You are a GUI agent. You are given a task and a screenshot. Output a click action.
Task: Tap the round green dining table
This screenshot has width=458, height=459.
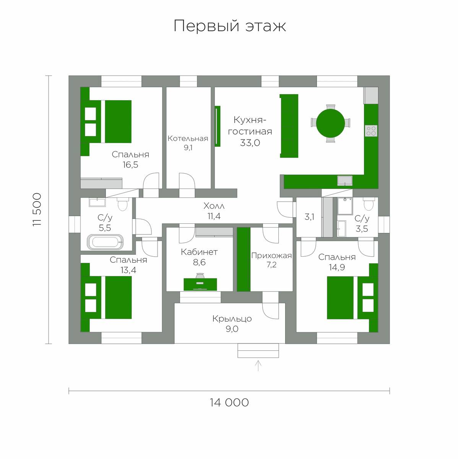[x=330, y=123]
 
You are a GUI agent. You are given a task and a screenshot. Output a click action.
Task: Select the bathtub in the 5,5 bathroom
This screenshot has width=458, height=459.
[x=105, y=242]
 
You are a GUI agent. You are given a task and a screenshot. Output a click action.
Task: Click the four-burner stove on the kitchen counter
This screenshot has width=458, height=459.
[x=371, y=131]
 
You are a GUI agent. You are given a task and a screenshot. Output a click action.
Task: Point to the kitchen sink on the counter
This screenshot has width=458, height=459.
[x=344, y=181]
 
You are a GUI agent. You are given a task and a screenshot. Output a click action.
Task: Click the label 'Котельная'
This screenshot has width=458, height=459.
[x=188, y=138]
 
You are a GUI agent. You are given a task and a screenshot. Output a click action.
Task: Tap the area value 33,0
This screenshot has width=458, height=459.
[x=250, y=143]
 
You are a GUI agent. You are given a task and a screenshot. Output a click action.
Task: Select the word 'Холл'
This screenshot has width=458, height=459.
[x=214, y=206]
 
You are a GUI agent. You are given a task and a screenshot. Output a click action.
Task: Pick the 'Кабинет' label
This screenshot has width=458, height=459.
[x=199, y=252]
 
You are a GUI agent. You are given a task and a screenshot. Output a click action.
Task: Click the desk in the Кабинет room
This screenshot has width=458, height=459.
[x=200, y=285]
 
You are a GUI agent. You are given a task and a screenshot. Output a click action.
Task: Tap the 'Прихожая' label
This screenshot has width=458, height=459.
[x=271, y=256]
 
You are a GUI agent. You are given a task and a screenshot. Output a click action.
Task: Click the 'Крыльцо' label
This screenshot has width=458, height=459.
[x=232, y=319]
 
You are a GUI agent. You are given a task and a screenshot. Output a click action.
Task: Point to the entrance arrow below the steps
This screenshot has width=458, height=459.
[x=258, y=366]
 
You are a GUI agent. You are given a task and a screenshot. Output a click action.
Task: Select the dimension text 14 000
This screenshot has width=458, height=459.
[x=229, y=402]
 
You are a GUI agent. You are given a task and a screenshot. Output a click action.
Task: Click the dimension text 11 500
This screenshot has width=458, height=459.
[x=37, y=210]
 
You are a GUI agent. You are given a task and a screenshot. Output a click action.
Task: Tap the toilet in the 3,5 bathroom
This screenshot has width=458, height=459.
[x=369, y=204]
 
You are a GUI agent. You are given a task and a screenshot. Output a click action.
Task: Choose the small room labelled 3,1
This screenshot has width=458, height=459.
[x=309, y=217]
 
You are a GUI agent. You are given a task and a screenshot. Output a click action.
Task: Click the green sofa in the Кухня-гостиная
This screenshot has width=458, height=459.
[x=289, y=126]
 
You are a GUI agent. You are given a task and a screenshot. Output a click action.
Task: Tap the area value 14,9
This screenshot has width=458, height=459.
[x=337, y=267]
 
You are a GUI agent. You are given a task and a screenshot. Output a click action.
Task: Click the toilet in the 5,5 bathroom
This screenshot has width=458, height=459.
[x=123, y=204]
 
